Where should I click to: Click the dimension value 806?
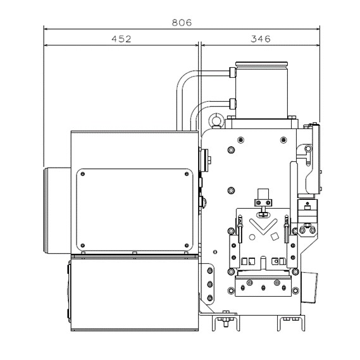click(x=182, y=23)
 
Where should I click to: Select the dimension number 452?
click(x=121, y=39)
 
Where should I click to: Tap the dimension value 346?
click(x=261, y=39)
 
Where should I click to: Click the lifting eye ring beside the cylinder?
click(x=216, y=120)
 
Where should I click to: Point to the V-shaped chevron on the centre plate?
click(x=263, y=226)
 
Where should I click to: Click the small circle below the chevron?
click(x=252, y=237)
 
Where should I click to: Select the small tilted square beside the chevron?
click(x=275, y=236)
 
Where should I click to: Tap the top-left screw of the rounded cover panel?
click(x=83, y=174)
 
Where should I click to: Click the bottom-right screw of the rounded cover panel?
click(x=187, y=245)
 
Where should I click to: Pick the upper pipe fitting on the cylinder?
click(x=232, y=72)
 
